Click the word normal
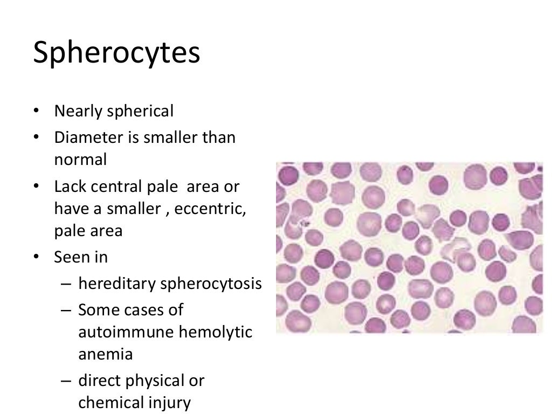pos(80,160)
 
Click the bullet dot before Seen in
pos(36,257)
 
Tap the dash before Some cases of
pos(66,310)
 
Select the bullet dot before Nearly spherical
pos(36,112)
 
